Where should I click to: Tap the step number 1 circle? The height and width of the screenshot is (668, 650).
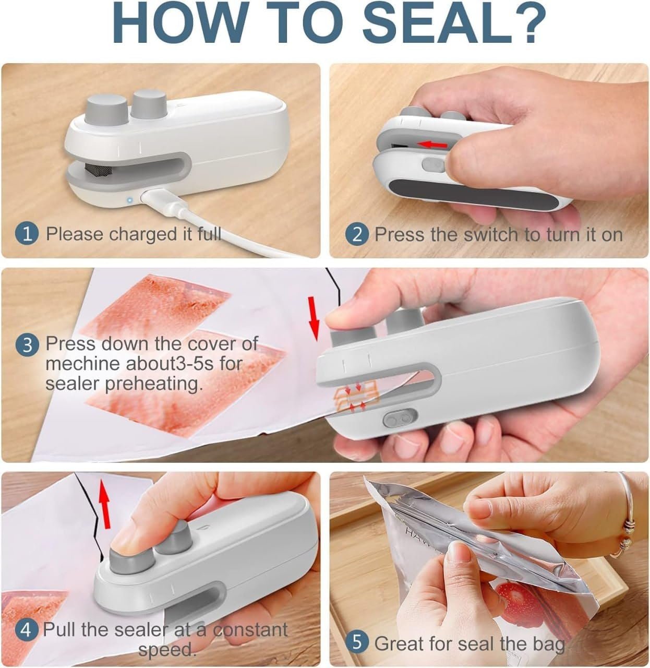pos(27,233)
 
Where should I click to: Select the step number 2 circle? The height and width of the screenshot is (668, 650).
pos(357,234)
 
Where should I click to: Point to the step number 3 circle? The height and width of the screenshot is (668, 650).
pos(27,344)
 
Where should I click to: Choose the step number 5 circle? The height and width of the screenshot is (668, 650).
pos(357,643)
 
